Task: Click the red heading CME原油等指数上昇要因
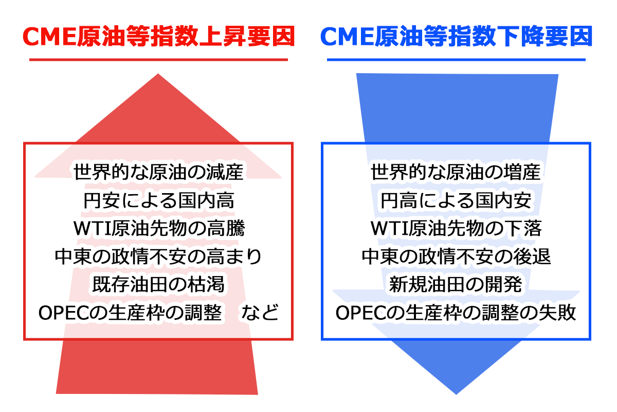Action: pos(159,36)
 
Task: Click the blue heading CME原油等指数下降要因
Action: pos(456,36)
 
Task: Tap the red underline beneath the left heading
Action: pos(159,60)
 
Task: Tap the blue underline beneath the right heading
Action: pos(456,60)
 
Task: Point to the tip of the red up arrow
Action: pos(158,74)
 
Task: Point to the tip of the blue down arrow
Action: pos(456,394)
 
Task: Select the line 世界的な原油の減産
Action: pos(158,171)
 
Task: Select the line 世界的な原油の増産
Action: pos(456,171)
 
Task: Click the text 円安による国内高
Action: pos(159,200)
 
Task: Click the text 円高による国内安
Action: pos(456,200)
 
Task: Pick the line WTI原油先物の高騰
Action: pos(159,229)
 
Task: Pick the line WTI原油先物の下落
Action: pos(456,229)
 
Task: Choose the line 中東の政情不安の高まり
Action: pos(158,256)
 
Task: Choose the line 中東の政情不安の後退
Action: pos(456,256)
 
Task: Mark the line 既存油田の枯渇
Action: pos(158,284)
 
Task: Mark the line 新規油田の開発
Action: pos(456,284)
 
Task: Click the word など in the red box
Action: pos(260,313)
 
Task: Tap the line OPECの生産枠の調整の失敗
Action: pos(456,313)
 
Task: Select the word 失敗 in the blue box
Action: pos(557,313)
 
